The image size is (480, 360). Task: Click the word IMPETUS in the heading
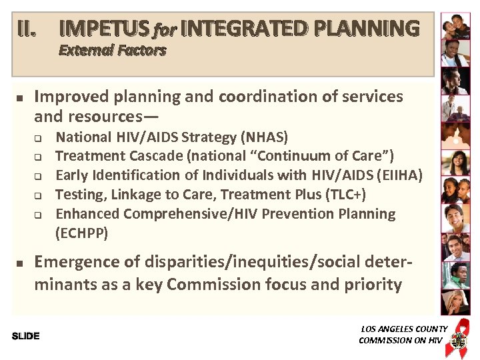104,29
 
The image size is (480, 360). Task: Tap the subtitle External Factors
112,51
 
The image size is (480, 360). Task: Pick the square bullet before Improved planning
20,98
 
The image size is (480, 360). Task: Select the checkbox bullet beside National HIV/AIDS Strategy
39,139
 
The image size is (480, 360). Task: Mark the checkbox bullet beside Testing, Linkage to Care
39,196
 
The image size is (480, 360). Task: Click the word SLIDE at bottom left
26,336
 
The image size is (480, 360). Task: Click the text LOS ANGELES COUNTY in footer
404,329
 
